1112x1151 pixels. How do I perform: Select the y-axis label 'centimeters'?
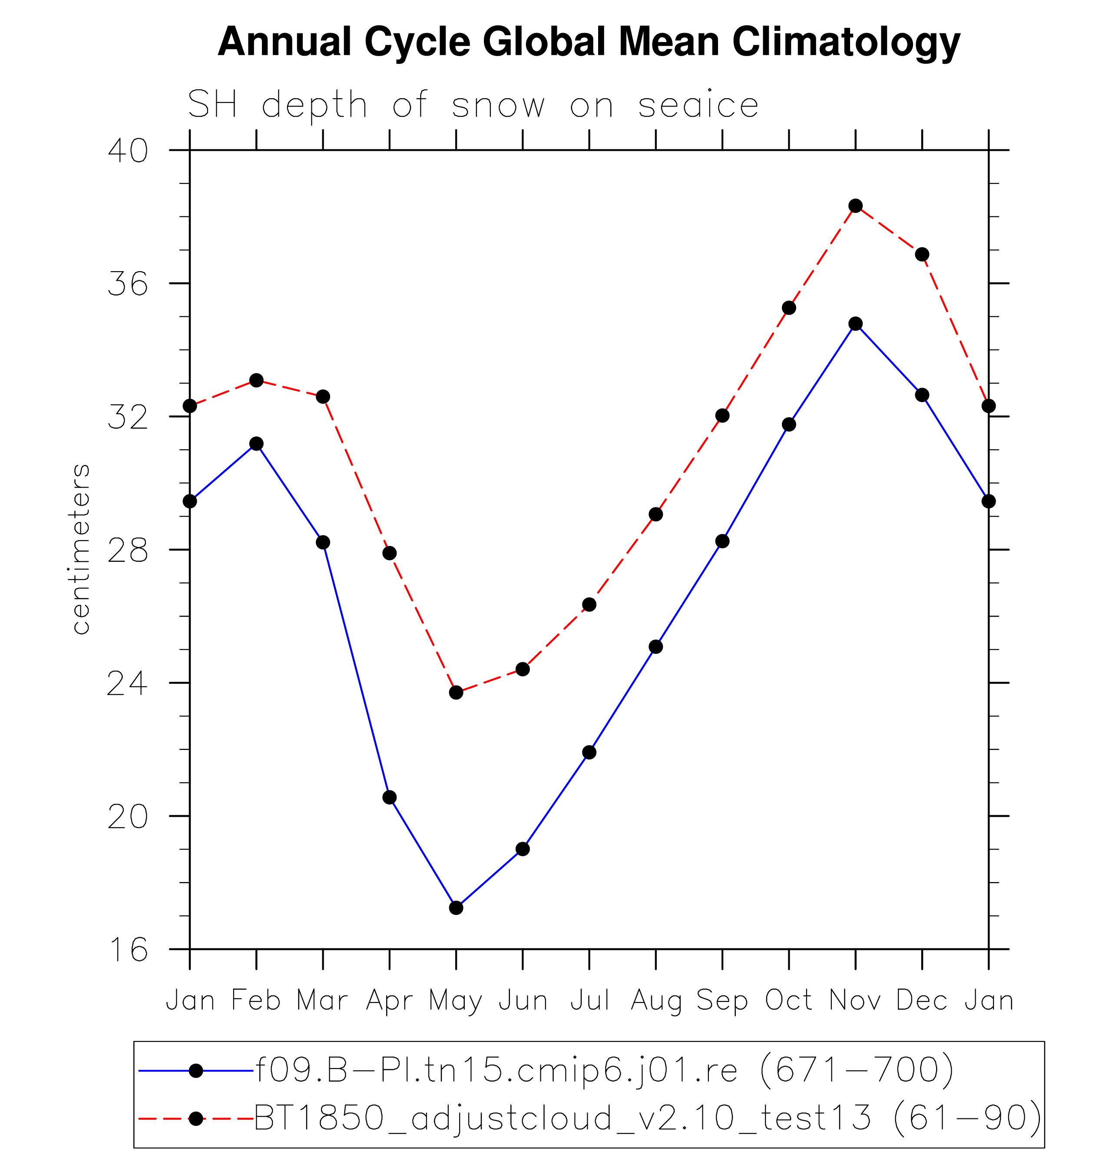click(x=81, y=549)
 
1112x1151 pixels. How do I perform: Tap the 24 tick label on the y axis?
click(x=127, y=683)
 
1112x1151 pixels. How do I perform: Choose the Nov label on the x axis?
click(x=855, y=1000)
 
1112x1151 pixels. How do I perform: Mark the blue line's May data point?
click(x=456, y=908)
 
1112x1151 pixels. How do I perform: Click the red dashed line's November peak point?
click(x=855, y=206)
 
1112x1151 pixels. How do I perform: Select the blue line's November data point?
click(x=855, y=324)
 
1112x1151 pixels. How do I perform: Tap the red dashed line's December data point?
click(x=922, y=254)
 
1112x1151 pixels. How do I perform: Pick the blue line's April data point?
click(x=389, y=797)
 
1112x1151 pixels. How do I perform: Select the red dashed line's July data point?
click(x=589, y=605)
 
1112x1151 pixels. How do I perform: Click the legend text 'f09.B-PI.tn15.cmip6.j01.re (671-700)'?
click(x=605, y=1070)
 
